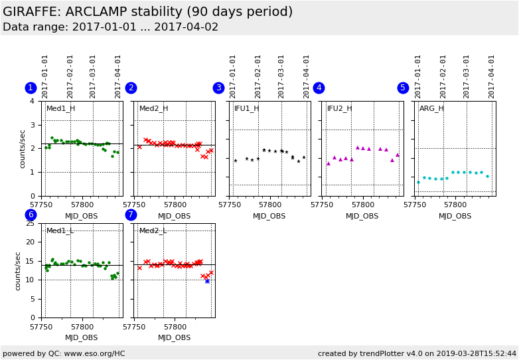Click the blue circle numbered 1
(31, 88)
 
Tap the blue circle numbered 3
(218, 88)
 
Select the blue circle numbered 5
(403, 88)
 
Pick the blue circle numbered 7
(131, 215)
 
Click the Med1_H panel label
(60, 108)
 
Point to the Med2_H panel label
(153, 108)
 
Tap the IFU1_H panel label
(247, 108)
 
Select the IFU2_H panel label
(339, 108)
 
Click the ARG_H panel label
(431, 108)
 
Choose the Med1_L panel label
(60, 230)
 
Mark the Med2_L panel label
(153, 230)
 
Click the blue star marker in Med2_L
(207, 281)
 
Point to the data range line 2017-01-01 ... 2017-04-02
(110, 27)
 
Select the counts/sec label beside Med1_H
(22, 149)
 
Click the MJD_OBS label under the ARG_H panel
(455, 216)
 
